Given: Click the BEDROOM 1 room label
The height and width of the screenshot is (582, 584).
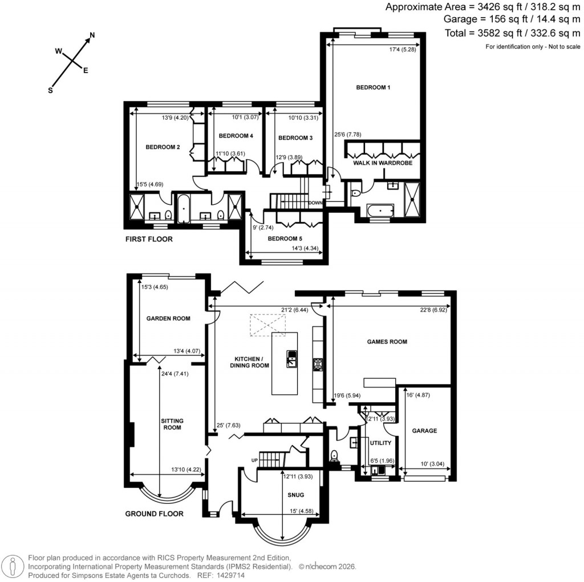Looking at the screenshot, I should pos(373,87).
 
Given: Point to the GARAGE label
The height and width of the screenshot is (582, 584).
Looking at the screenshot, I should pos(424,431).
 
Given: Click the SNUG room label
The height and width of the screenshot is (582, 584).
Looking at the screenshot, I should pos(296,495).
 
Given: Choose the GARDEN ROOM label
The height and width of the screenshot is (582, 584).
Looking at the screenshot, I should pos(168,318).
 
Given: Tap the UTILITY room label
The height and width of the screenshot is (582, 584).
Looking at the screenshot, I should pos(380,443).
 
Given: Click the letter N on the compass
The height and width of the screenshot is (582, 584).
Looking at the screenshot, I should pos(92,35).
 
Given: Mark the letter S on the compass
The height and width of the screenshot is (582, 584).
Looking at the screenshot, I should pos(51,90).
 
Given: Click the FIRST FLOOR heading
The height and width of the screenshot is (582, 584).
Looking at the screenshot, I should pos(149,239).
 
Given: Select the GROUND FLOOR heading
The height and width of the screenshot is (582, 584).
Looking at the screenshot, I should pos(154,514).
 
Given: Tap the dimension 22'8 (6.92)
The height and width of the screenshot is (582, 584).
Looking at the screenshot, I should pos(433,310).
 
